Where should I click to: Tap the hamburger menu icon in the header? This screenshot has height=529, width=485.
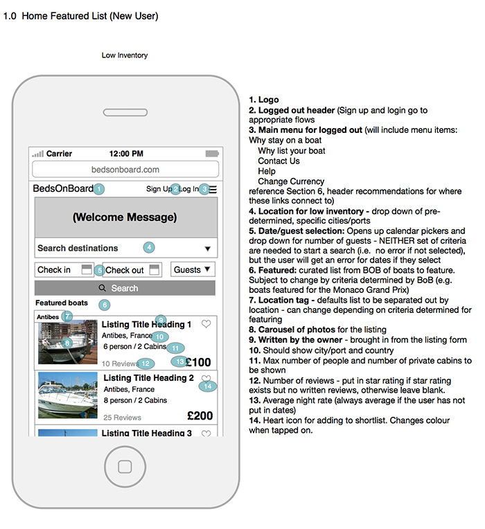(x=213, y=189)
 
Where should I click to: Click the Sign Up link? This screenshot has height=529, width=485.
(x=159, y=189)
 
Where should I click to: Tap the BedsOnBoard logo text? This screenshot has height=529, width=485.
(x=63, y=189)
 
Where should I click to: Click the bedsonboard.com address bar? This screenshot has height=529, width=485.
(x=125, y=169)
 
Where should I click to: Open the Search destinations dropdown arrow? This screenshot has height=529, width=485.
(x=207, y=249)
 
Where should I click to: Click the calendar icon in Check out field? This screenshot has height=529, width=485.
(x=155, y=269)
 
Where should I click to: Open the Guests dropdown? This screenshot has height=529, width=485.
(x=193, y=269)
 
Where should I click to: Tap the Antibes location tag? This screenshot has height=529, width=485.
(x=48, y=316)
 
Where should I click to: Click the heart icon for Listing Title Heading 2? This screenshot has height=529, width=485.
(x=206, y=379)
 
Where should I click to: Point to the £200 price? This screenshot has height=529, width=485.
(x=200, y=415)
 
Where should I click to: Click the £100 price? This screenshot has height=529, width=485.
(x=199, y=362)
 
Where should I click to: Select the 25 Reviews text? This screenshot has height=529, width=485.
(x=122, y=418)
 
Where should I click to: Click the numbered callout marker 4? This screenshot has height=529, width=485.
(x=148, y=247)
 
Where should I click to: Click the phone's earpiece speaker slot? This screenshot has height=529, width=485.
(x=125, y=112)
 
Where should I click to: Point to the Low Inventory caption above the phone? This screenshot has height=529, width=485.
(x=125, y=55)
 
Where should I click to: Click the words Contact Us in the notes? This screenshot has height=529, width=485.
(x=279, y=161)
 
